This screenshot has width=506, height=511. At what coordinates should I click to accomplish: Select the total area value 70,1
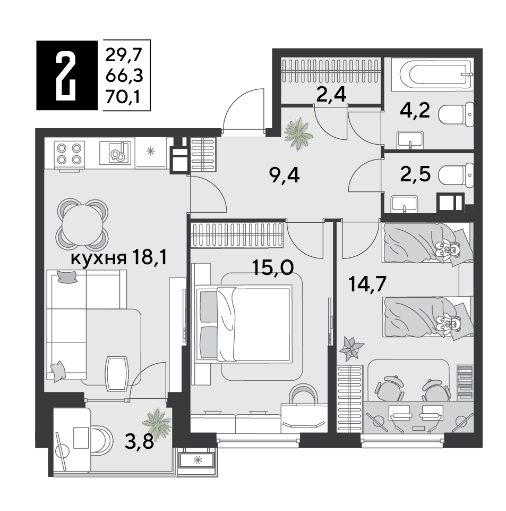click(124, 97)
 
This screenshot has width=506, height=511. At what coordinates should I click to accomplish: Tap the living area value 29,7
click(124, 55)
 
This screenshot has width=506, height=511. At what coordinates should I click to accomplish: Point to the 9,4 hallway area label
click(285, 176)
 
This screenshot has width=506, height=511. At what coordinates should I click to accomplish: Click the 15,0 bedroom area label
click(273, 268)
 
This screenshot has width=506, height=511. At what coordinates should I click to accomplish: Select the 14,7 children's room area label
click(367, 284)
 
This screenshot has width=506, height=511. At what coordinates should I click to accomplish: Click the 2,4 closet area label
click(331, 95)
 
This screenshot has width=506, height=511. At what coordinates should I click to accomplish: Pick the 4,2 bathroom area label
click(415, 111)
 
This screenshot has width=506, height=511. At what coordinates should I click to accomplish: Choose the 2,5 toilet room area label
click(416, 173)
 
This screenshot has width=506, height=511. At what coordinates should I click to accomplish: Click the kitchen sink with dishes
click(116, 153)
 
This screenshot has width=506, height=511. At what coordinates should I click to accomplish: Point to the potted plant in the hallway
click(298, 134)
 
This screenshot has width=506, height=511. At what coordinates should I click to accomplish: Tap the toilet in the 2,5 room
click(456, 175)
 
